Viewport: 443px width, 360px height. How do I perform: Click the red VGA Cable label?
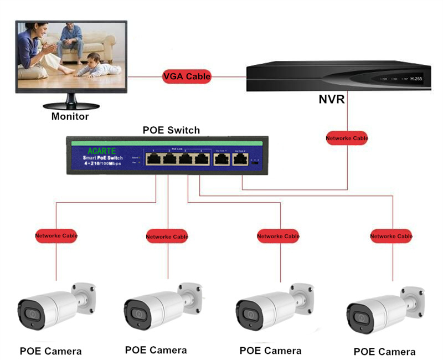[x=187, y=76]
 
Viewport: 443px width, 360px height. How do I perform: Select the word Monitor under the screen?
[x=70, y=116]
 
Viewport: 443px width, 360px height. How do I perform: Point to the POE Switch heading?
[x=171, y=130]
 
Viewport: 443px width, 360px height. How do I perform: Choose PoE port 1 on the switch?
[x=153, y=158]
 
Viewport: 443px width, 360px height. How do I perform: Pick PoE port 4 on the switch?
[x=203, y=158]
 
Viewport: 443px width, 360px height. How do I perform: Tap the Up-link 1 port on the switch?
[x=221, y=159]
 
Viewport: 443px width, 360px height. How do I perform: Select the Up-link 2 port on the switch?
[x=240, y=159]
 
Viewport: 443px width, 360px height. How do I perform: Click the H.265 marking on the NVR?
[x=416, y=79]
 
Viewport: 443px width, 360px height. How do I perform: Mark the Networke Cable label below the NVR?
[x=347, y=138]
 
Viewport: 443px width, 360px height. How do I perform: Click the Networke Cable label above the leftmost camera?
[x=56, y=235]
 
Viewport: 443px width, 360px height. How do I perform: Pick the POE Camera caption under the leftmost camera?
[x=50, y=351]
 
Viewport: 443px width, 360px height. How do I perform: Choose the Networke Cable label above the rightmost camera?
[x=391, y=236]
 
